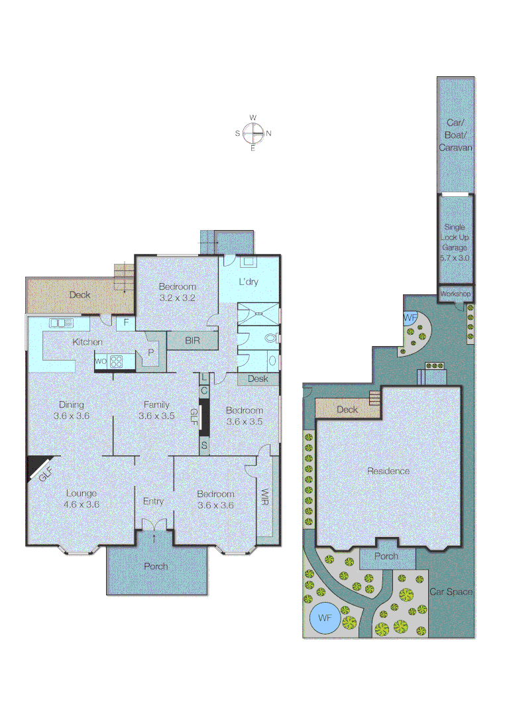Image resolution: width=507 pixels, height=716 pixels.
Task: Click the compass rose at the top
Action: [253, 133]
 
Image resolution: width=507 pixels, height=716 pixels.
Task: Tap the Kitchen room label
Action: [88, 342]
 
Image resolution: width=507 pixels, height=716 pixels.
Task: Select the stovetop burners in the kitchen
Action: [116, 361]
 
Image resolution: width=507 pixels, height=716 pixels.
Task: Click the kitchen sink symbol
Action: [60, 323]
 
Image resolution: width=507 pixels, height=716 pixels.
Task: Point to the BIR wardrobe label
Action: [192, 341]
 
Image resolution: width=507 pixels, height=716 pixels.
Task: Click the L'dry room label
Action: [249, 282]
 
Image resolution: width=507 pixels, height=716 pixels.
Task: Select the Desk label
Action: [258, 379]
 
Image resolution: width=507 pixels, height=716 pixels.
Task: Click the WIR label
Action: [264, 498]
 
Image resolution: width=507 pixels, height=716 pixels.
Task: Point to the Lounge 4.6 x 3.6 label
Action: [82, 499]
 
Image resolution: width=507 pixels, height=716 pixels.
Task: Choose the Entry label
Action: [153, 501]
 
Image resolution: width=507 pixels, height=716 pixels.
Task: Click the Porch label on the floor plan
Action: [156, 566]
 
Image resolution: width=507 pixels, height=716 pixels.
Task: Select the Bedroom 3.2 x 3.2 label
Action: [177, 292]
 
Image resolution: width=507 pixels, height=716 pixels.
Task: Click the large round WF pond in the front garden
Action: [325, 618]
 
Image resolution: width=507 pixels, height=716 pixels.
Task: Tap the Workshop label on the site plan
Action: [455, 294]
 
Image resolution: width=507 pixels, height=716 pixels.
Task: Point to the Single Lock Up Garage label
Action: [455, 242]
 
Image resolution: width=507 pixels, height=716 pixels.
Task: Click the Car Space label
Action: [451, 591]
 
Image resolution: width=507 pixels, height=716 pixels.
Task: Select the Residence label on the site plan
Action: [388, 471]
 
